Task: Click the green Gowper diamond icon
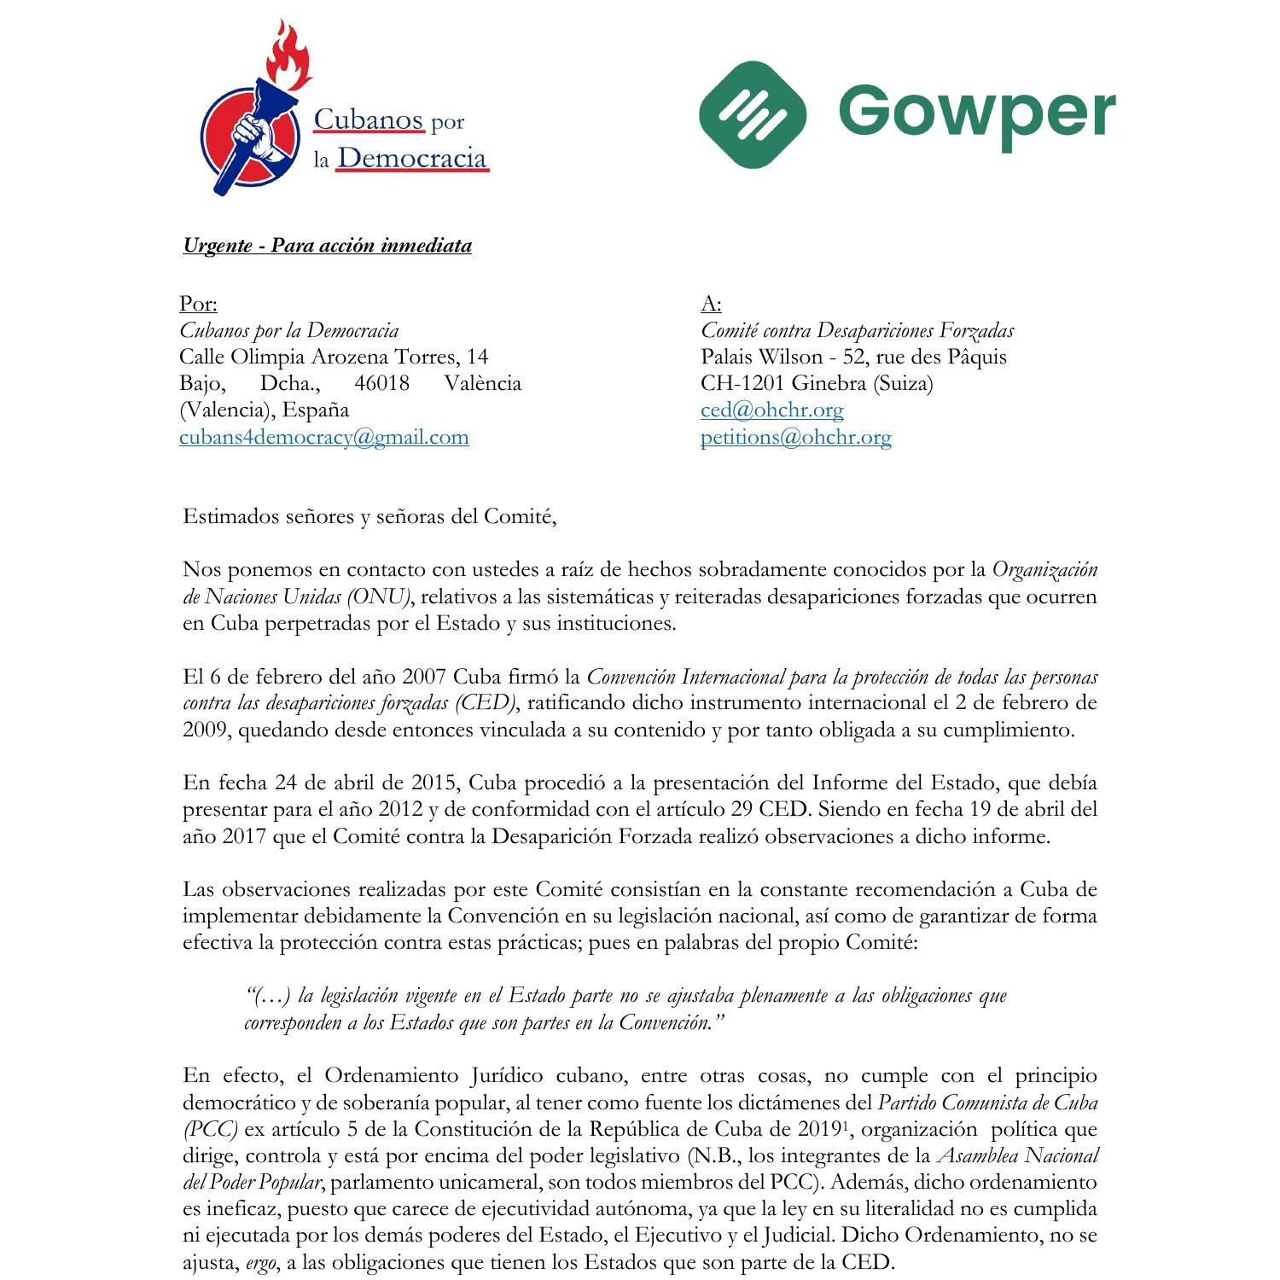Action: pyautogui.click(x=752, y=114)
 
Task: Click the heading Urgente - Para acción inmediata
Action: pyautogui.click(x=327, y=246)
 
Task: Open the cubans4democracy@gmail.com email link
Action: pyautogui.click(x=323, y=437)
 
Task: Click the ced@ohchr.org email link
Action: pyautogui.click(x=771, y=410)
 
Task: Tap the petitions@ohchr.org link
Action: pyautogui.click(x=795, y=437)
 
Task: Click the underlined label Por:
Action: pyautogui.click(x=198, y=304)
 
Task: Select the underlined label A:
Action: pyautogui.click(x=711, y=304)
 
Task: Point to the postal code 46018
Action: pyautogui.click(x=381, y=383)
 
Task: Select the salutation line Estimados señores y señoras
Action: pyautogui.click(x=369, y=516)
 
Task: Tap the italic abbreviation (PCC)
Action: pyautogui.click(x=210, y=1129)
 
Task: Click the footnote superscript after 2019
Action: pyautogui.click(x=844, y=1125)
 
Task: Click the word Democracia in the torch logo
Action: pyautogui.click(x=411, y=158)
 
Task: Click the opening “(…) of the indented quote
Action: pyautogui.click(x=268, y=996)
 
